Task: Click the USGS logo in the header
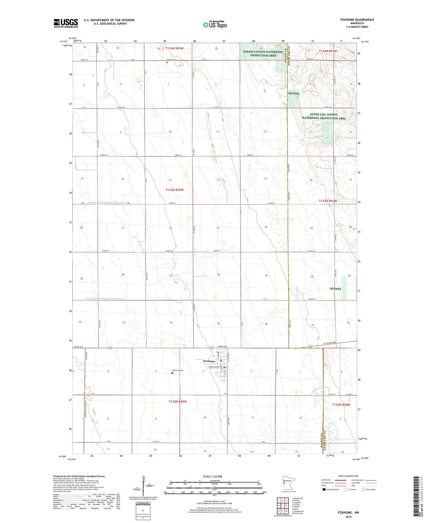[66, 23]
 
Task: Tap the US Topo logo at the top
[215, 25]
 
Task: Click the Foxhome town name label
[209, 361]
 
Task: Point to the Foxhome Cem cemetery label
[178, 370]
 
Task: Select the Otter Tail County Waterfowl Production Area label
[324, 117]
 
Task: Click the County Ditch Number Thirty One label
[106, 203]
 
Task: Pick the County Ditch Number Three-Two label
[104, 299]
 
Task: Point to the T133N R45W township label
[175, 190]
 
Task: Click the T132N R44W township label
[341, 405]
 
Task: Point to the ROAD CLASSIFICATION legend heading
[348, 476]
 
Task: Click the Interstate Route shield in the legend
[324, 490]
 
